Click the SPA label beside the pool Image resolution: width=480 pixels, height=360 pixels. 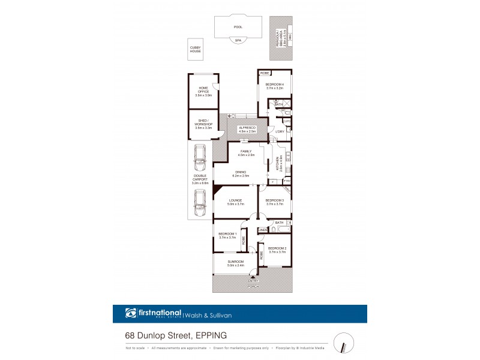pos(238,40)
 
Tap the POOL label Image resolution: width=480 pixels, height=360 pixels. pos(238,27)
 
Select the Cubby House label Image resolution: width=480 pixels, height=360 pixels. pos(196,50)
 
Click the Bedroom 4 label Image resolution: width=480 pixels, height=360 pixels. pos(274,86)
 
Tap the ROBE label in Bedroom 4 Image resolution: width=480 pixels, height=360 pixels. pos(264,73)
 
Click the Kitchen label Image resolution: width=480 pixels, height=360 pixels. pos(277,163)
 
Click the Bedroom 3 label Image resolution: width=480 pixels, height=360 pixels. pos(274,202)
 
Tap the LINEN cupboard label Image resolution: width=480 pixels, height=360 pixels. pos(263,230)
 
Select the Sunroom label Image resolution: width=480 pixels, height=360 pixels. pos(235,263)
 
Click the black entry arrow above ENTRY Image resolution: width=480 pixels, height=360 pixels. pos(253,278)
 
